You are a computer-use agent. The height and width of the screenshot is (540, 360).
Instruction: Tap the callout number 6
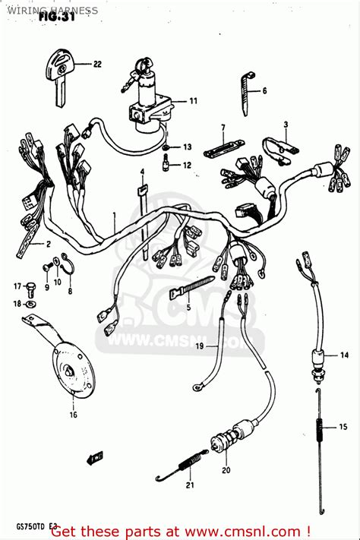pos(265,91)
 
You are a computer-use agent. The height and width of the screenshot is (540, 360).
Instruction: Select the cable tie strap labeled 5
pos(189,290)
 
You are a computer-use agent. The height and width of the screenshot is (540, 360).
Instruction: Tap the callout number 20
pos(226,470)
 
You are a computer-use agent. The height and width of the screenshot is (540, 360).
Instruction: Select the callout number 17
pos(15,286)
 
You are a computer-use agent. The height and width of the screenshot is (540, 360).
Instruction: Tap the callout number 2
pos(47,245)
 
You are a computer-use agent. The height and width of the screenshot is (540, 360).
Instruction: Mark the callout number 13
pos(188,146)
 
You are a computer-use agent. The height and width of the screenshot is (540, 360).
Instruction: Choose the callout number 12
pos(188,165)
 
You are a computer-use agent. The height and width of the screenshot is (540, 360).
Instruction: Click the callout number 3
pos(286,124)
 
